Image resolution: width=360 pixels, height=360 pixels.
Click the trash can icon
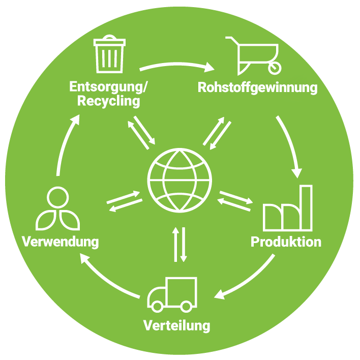click(109, 54)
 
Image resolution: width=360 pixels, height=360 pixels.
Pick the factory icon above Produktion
click(287, 209)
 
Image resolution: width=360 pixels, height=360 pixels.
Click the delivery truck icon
click(171, 294)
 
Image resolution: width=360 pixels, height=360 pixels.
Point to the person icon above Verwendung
click(56, 209)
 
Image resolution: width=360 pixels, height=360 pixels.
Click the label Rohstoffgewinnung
click(257, 87)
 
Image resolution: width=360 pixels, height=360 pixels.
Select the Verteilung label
click(176, 325)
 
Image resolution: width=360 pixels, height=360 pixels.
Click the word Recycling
click(108, 101)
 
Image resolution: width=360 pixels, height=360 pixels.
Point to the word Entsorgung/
click(109, 86)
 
